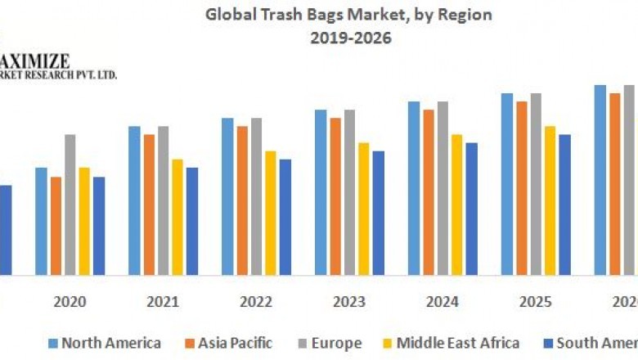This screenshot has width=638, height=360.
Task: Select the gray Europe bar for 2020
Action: point(70,205)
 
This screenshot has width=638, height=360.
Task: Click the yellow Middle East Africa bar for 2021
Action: point(177,217)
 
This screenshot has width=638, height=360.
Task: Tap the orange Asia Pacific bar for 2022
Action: point(243,200)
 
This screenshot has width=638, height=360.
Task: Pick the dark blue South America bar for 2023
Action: point(378,213)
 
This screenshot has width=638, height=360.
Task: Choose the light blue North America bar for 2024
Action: point(414,188)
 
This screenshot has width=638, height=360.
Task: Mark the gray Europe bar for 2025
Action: point(536,184)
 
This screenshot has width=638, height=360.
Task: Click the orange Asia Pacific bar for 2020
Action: point(56,226)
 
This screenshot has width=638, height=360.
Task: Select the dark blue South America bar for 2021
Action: point(192,221)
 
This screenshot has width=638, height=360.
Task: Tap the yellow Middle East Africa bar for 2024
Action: point(456,205)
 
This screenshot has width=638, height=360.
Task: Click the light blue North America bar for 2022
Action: point(227,196)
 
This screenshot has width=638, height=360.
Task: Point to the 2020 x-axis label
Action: point(70,302)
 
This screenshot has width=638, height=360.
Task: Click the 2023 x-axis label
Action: point(349,302)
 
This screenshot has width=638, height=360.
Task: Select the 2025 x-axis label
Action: point(536,302)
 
